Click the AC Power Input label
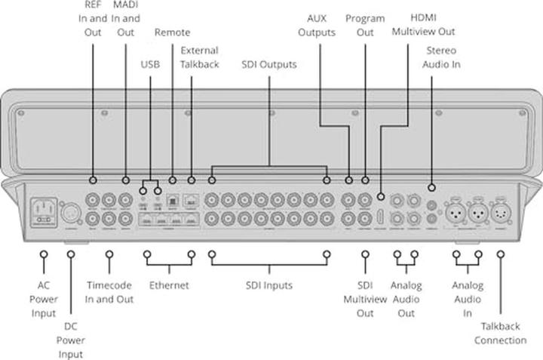[x=44, y=299]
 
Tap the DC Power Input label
[x=69, y=340]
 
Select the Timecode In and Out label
[x=109, y=292]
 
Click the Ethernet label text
[x=169, y=285]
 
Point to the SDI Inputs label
[x=268, y=285]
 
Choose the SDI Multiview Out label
[x=365, y=299]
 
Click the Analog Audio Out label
[x=406, y=299]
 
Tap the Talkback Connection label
[x=500, y=333]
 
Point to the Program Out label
[x=365, y=25]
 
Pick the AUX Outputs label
[x=317, y=25]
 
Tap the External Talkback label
[x=200, y=57]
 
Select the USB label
[x=150, y=64]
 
